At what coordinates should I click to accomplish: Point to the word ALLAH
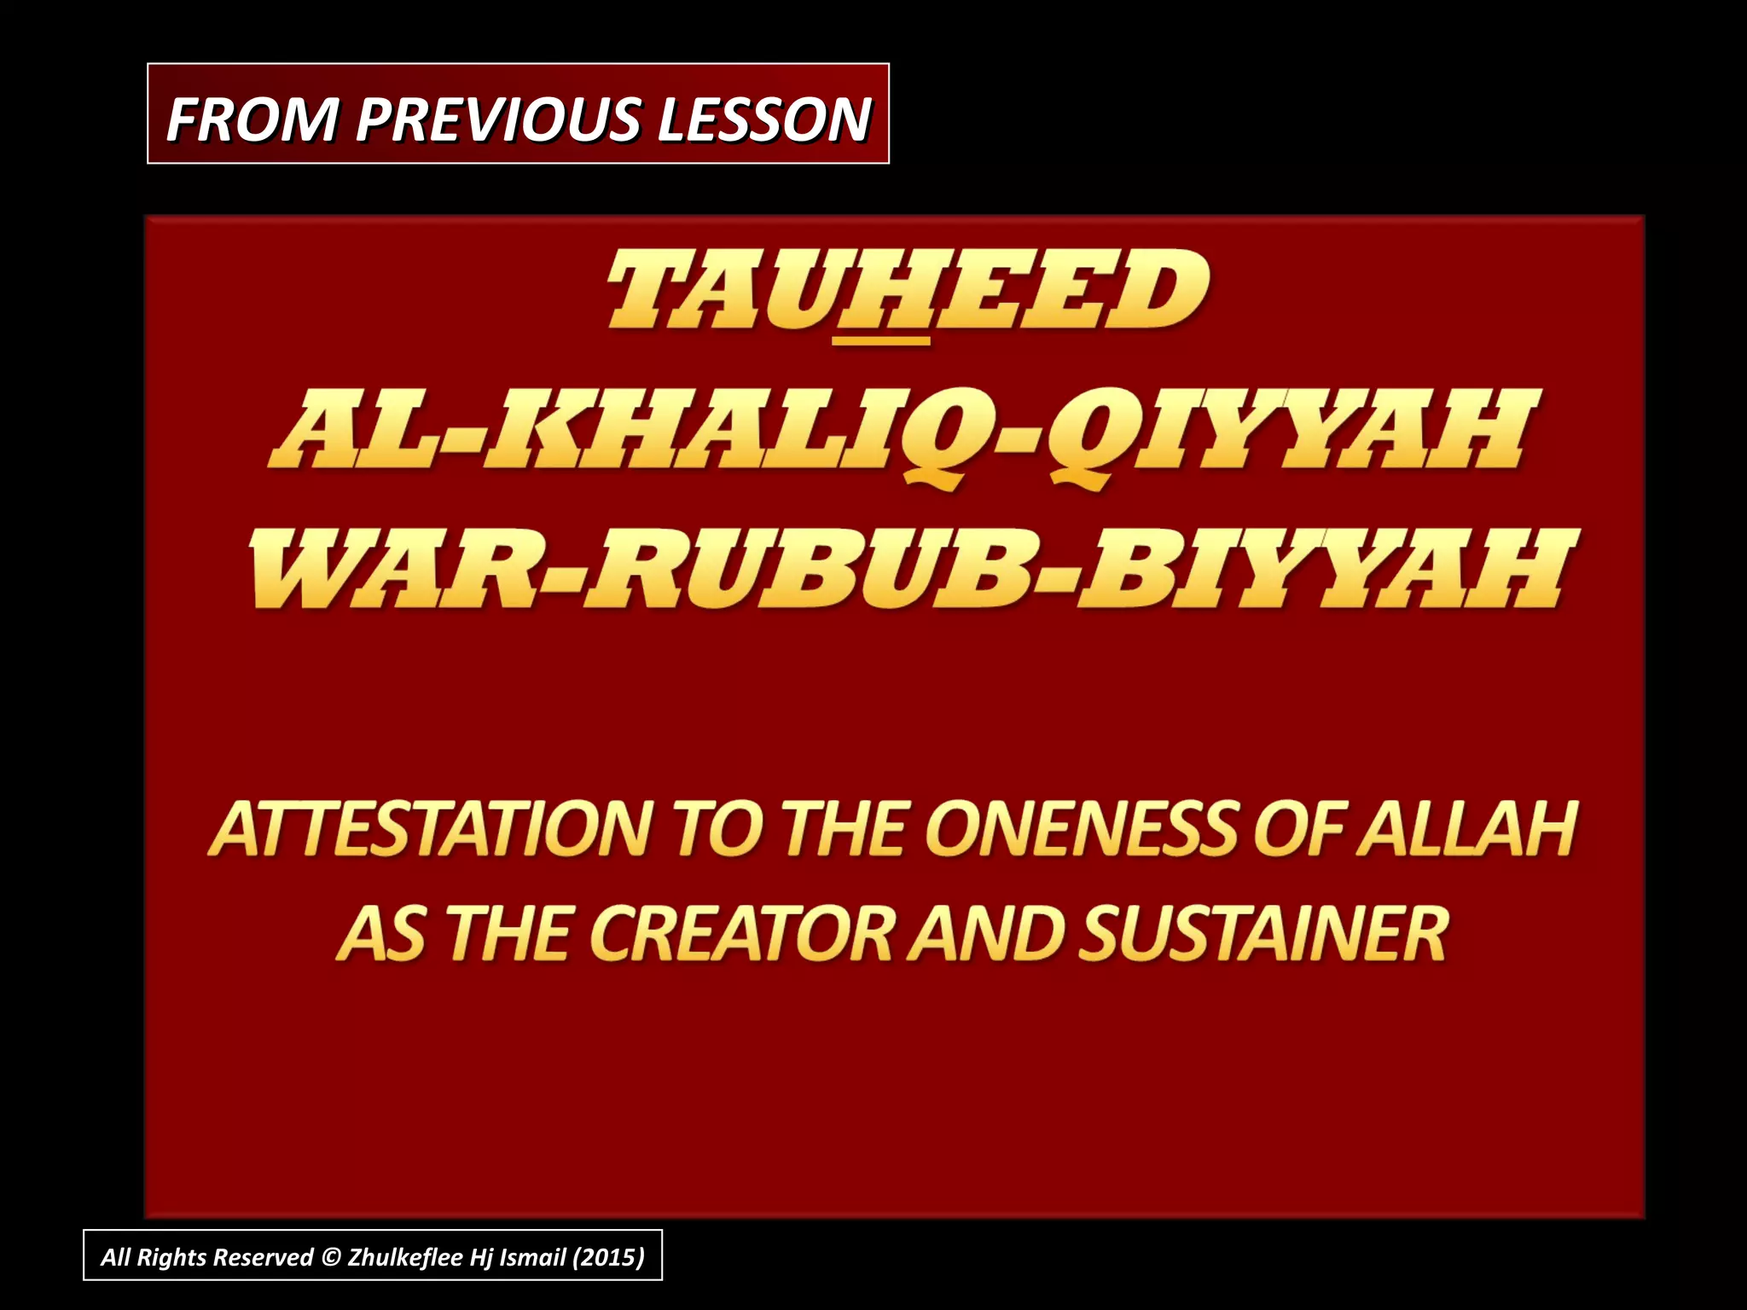pyautogui.click(x=1467, y=829)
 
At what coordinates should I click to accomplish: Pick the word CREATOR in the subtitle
pyautogui.click(x=741, y=933)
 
